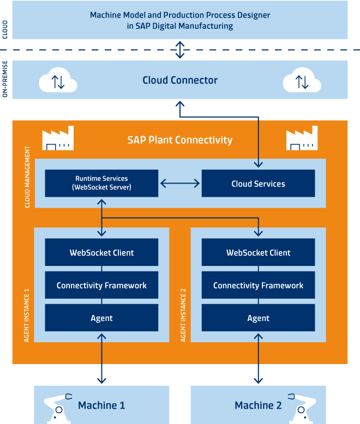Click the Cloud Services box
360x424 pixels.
[258, 184]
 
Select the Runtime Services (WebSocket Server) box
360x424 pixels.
[101, 183]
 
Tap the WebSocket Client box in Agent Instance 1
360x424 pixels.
[101, 253]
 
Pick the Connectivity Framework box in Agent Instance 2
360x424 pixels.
[258, 286]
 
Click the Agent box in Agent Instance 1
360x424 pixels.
[101, 318]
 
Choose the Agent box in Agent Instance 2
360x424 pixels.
[258, 318]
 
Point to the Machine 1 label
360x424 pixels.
[101, 405]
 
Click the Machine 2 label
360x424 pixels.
[258, 405]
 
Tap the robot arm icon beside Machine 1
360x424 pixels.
[59, 408]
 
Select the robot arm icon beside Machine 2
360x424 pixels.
[301, 408]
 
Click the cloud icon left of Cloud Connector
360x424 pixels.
[57, 81]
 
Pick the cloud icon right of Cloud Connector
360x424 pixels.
[301, 81]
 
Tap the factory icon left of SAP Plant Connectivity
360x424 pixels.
[57, 140]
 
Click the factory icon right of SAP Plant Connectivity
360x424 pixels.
[302, 140]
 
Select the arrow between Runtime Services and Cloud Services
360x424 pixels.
[180, 184]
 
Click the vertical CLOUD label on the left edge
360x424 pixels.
[5, 29]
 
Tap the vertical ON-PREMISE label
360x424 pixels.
[5, 80]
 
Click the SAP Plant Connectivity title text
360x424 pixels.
[180, 140]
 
